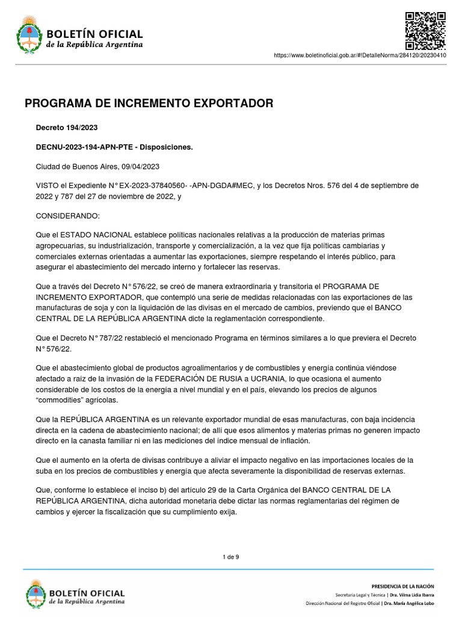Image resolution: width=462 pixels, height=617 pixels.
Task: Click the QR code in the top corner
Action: pos(425,30)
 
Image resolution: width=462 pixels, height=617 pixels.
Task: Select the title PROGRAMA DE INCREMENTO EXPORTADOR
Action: pos(149,104)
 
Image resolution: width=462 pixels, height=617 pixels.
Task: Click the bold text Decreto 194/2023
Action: pos(67,128)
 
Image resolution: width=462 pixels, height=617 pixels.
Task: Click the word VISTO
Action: pos(48,186)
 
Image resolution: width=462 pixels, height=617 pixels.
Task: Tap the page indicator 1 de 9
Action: pos(231,557)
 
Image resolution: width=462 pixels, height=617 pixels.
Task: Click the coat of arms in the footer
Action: pos(36,594)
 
